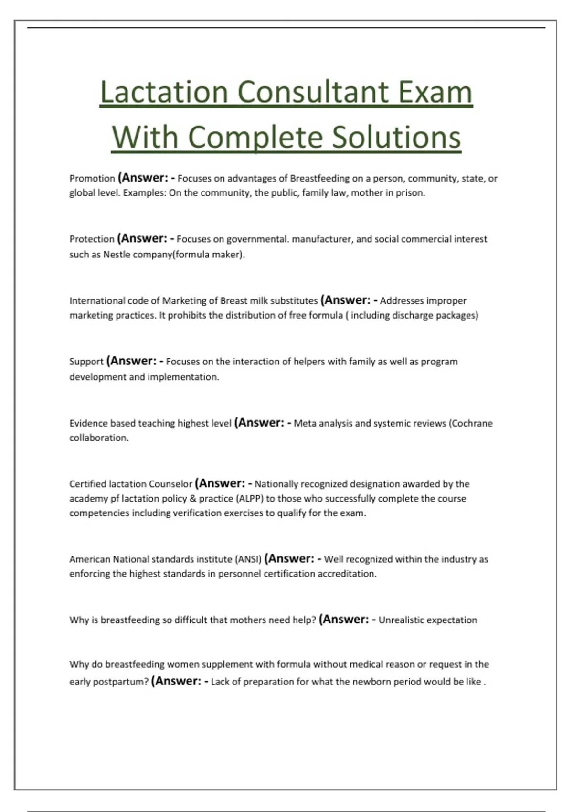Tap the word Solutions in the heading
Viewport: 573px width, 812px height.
point(396,138)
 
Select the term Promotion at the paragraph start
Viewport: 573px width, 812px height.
point(92,178)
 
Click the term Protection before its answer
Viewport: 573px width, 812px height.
point(92,239)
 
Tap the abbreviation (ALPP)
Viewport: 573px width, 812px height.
point(249,498)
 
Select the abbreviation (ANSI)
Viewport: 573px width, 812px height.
point(248,559)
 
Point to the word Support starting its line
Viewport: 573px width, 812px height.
point(86,362)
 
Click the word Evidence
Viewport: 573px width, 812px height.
point(88,423)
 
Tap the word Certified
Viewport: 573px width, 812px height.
point(87,484)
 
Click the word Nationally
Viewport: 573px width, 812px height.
point(277,484)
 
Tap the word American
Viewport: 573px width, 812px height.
point(89,559)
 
